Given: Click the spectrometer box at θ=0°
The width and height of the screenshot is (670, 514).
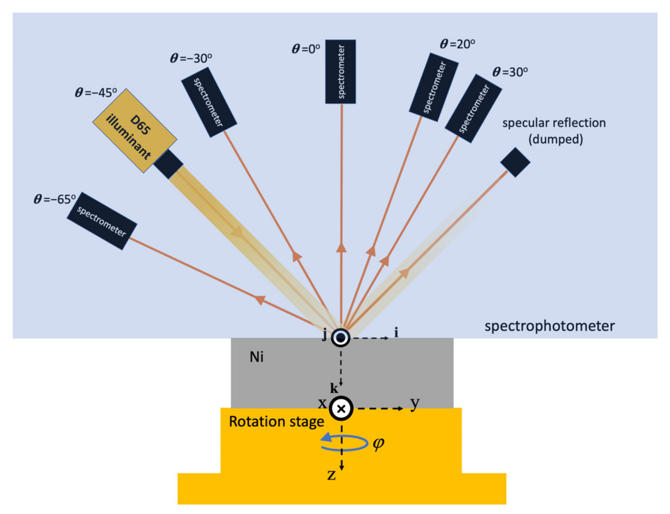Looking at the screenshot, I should click(340, 72).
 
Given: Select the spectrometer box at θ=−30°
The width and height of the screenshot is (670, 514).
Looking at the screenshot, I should click(209, 102).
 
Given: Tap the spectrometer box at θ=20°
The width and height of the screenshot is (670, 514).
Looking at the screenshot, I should click(433, 87).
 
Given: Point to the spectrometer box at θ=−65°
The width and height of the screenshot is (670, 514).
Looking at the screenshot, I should click(102, 221).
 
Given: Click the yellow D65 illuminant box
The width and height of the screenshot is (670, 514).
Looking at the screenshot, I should click(134, 131).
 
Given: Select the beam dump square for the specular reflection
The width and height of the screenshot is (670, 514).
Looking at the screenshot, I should click(515, 162).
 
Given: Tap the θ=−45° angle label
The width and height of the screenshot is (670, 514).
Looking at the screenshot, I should click(96, 92).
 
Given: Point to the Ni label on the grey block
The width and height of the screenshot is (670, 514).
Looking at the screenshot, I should click(256, 357).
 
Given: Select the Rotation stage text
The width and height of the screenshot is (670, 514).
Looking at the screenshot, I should click(276, 422).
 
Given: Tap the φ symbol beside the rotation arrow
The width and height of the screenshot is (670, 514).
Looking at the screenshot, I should click(378, 443).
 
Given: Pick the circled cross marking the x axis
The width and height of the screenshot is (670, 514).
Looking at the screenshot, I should click(341, 409).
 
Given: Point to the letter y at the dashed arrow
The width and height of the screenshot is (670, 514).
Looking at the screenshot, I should click(415, 403).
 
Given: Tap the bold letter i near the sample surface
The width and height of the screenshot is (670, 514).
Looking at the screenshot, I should click(396, 332).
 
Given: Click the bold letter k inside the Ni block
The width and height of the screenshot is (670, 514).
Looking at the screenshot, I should click(334, 389).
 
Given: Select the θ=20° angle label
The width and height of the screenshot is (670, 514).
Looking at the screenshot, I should click(457, 44).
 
